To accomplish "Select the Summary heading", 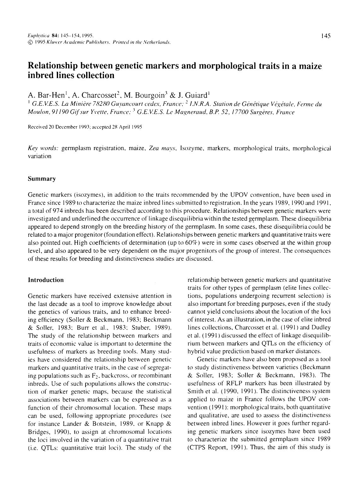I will (42, 179).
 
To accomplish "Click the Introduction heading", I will (46, 280).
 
